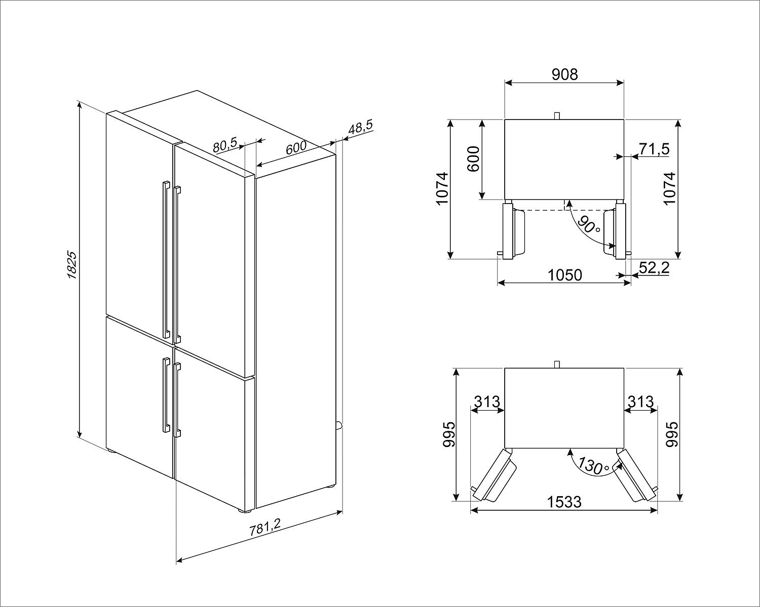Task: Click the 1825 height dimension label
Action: tap(72, 265)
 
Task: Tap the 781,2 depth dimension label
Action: tap(265, 527)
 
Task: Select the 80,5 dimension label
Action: tap(224, 145)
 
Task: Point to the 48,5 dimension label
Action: tap(360, 127)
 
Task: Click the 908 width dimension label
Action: tap(565, 74)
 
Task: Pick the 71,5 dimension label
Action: tap(655, 149)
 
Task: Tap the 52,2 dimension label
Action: tap(655, 268)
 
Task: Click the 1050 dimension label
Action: tap(565, 275)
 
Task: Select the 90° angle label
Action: tap(589, 224)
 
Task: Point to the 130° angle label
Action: tap(594, 467)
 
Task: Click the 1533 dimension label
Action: tap(564, 502)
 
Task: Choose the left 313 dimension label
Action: tap(487, 401)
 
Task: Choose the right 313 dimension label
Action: tap(640, 401)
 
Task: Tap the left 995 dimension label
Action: tap(449, 434)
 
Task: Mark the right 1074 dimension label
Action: tap(669, 188)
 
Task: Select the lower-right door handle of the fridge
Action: tap(177, 401)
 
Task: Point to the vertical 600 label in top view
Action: tap(473, 159)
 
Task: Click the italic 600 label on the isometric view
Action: tap(296, 148)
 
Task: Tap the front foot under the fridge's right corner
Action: tap(245, 510)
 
